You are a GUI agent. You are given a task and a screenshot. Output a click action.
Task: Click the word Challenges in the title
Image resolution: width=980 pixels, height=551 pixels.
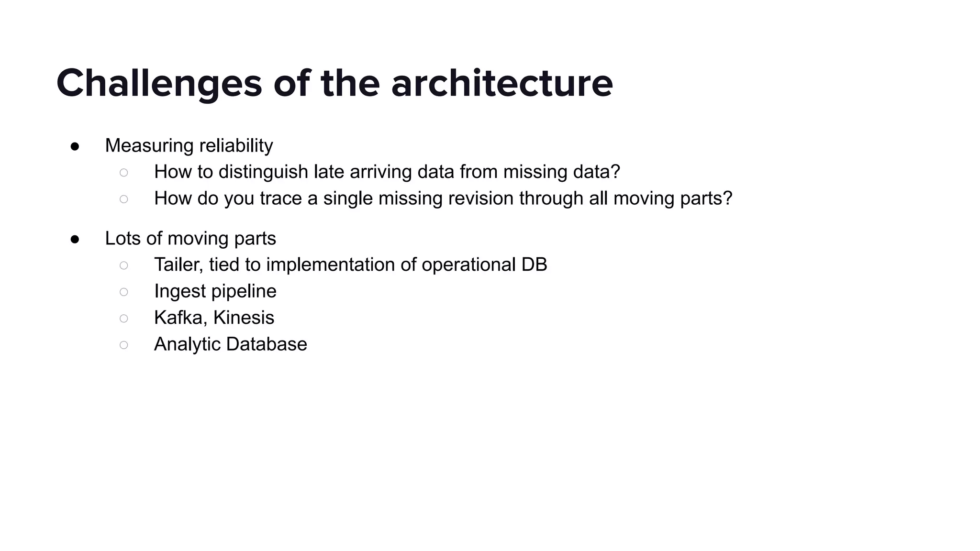click(159, 84)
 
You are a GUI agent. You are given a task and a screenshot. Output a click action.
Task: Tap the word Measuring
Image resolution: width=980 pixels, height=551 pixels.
click(149, 146)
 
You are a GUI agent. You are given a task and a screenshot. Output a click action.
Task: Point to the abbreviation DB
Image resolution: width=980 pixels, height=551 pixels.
click(534, 265)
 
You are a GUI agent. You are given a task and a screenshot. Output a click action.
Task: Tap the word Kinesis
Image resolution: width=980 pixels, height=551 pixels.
click(244, 318)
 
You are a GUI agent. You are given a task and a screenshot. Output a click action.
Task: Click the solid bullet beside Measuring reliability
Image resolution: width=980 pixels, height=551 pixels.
click(75, 146)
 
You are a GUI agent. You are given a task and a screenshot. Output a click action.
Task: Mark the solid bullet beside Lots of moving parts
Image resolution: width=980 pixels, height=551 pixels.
click(75, 239)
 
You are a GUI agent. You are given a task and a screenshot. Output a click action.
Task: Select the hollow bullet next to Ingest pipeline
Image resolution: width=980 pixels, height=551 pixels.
click(124, 292)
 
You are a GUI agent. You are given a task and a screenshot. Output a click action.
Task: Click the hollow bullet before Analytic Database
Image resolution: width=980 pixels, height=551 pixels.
click(124, 345)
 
